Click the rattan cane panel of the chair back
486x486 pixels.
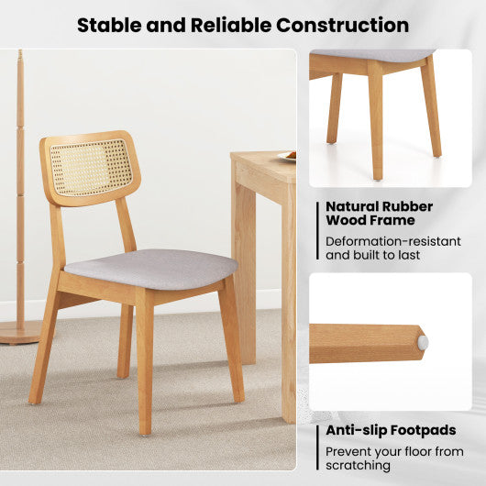pos(92,167)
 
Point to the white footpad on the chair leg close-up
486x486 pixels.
pos(423,340)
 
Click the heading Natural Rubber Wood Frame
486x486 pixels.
pos(380,213)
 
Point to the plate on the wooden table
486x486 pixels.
pos(288,157)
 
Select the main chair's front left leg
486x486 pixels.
pos(144,367)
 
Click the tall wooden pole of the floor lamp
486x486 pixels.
pos(20,183)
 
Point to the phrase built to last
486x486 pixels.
pos(394,255)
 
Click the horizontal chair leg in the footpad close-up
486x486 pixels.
pos(362,343)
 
